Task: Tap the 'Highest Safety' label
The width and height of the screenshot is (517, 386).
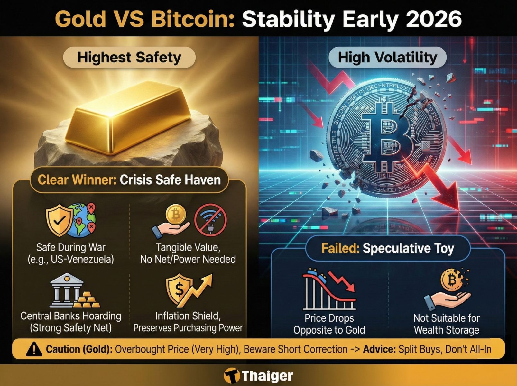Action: tap(129, 58)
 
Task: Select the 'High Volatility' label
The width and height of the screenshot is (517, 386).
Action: tap(387, 58)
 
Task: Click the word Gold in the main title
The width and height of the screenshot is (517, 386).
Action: tap(80, 19)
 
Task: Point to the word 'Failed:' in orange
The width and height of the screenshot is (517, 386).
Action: tap(340, 248)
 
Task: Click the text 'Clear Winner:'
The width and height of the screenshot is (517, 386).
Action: tap(77, 180)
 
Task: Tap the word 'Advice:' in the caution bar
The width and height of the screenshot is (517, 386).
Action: tap(379, 349)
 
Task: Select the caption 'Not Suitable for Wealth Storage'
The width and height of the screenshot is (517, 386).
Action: tap(446, 324)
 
